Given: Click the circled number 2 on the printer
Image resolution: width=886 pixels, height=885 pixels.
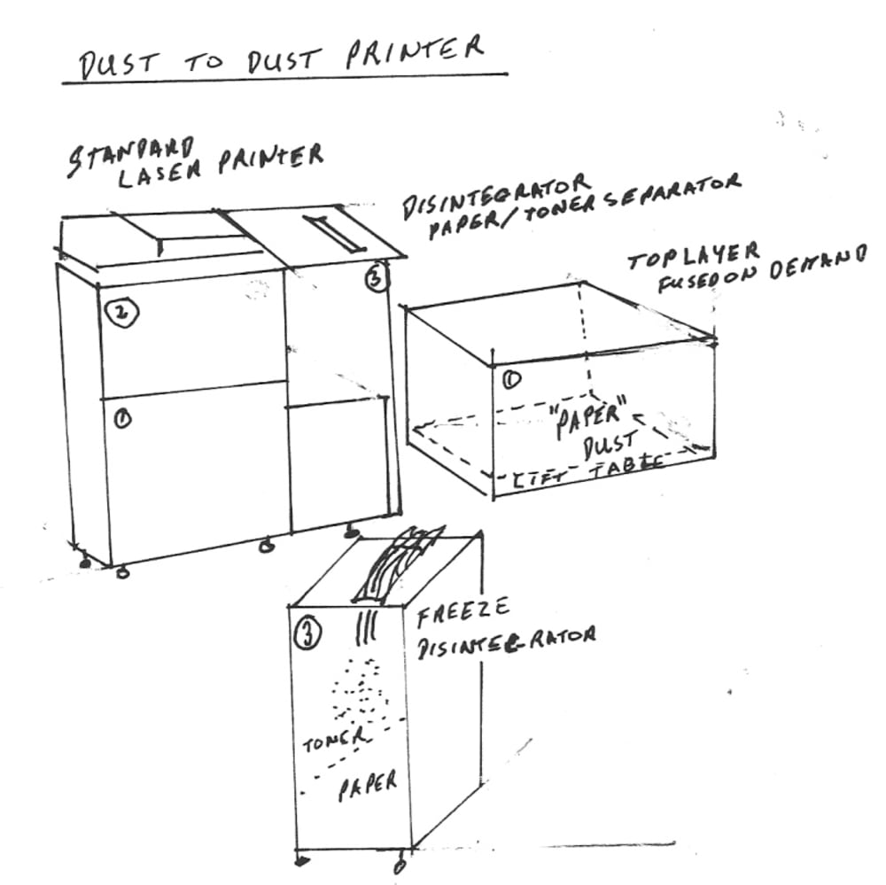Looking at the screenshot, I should coord(118,312).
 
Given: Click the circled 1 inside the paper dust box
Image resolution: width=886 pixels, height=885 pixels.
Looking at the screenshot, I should coord(511,378).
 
